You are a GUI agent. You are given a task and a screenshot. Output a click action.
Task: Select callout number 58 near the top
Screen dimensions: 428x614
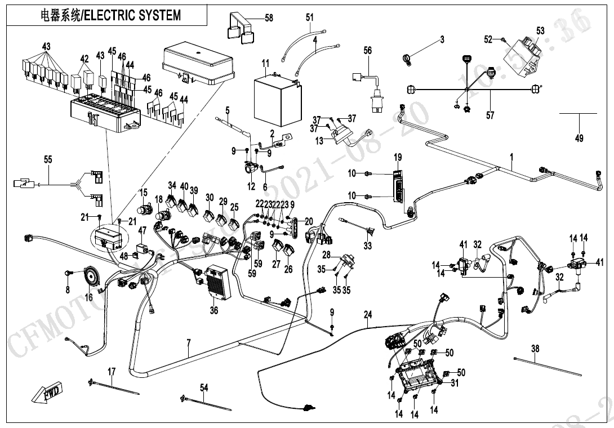tap(269, 19)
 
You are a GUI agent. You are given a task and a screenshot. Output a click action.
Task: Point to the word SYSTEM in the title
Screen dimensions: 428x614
tap(161, 15)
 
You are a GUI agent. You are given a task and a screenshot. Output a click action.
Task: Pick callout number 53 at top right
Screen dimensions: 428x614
tap(540, 31)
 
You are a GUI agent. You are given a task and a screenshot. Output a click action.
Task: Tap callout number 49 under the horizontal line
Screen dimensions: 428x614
tap(579, 138)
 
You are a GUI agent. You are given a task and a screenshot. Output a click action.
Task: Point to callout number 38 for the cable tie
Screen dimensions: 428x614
tap(535, 349)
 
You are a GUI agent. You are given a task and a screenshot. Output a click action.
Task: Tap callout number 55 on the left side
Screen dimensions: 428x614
tap(48, 160)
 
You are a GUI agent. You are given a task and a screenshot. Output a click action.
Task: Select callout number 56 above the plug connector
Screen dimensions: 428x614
tap(367, 51)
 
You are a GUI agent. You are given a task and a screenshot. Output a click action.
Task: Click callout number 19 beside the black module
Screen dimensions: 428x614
tap(398, 157)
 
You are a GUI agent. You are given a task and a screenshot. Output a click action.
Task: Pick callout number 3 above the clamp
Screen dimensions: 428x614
tap(442, 39)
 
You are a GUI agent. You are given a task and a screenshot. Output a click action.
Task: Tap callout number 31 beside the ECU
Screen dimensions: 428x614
tap(455, 383)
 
